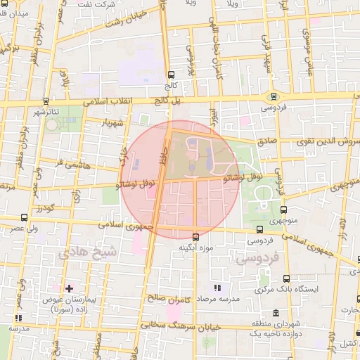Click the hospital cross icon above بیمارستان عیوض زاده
tap(69, 288)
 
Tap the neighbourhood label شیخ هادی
tap(74, 251)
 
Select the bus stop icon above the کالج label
tap(171, 75)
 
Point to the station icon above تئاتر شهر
tap(46, 101)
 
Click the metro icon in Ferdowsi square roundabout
tap(274, 97)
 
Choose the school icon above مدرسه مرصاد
tap(217, 288)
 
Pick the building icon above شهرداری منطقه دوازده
tap(274, 314)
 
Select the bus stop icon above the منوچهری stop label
tap(284, 209)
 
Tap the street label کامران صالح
tap(170, 298)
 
